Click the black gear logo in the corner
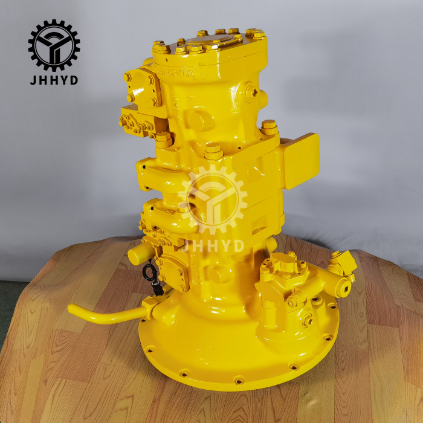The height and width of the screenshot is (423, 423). coord(54,45)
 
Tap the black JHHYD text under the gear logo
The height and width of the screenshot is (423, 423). coord(54,80)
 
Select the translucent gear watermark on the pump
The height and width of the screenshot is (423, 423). coord(213,199)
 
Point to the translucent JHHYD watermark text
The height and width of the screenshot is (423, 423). coord(213,245)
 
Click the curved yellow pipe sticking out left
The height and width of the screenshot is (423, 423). coord(108,314)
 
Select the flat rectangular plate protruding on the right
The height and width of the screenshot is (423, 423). coord(300,161)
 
